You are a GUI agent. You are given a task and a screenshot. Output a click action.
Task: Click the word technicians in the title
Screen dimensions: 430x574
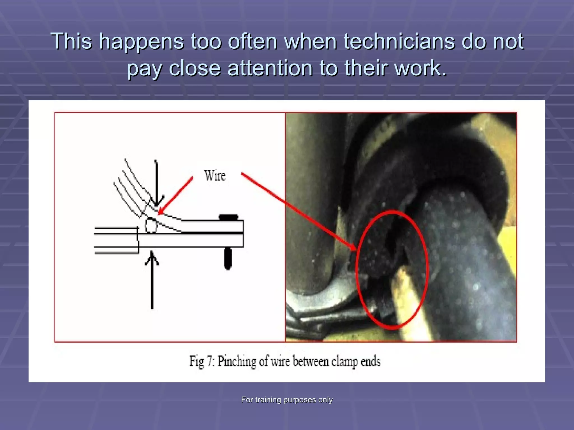pos(399,41)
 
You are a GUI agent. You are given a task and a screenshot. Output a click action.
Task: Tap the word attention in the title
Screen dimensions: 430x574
pos(270,68)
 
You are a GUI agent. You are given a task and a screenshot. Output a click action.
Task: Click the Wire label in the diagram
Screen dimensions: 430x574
pos(215,176)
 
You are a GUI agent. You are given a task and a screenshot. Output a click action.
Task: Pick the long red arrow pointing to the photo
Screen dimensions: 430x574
pos(297,210)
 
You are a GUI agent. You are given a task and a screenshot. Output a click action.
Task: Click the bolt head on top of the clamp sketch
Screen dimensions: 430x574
pos(228,217)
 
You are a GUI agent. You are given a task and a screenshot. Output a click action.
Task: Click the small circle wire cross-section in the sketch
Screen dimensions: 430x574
pos(151,226)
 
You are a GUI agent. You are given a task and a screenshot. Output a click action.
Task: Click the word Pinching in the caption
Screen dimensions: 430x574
pos(237,361)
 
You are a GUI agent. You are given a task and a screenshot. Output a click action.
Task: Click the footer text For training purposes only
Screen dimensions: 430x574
pos(287,399)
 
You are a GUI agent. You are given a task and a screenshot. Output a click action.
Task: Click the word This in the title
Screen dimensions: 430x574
pos(71,41)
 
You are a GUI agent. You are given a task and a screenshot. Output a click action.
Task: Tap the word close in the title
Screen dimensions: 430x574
pos(195,68)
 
